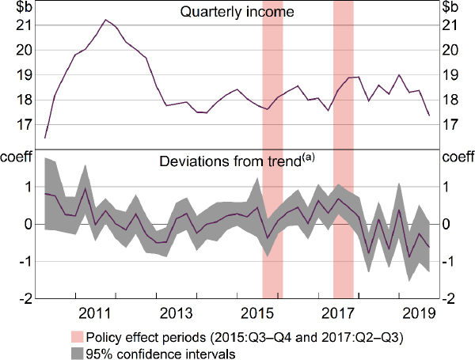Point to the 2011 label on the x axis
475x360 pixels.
93,310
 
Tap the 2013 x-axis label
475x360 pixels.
176,310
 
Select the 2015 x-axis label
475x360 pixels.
257,310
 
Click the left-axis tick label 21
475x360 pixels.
25,25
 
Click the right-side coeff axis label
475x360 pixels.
456,157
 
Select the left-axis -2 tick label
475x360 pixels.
24,298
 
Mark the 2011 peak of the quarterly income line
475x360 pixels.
106,19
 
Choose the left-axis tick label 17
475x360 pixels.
25,125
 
